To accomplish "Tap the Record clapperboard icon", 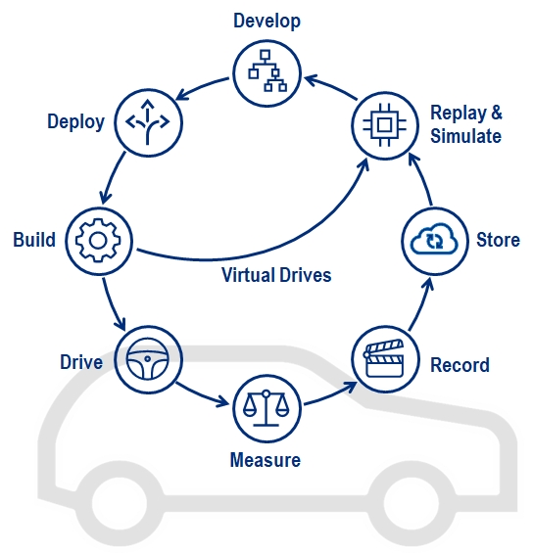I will (382, 359).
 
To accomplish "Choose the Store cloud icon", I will (432, 240).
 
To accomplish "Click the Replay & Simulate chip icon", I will (383, 123).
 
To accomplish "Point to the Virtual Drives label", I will (275, 275).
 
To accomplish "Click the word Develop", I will (266, 21).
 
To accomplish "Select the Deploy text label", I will (75, 122).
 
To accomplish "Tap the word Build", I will (34, 240).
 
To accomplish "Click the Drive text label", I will (80, 363).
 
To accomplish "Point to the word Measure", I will (265, 459).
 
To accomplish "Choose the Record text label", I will (460, 365).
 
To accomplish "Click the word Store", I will (498, 240).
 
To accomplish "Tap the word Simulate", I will (466, 136).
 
